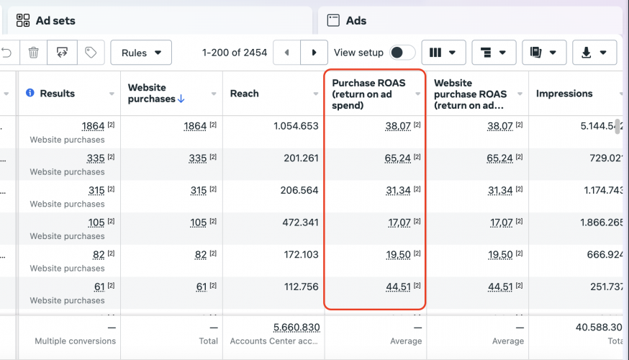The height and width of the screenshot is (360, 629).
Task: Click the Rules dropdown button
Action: click(141, 53)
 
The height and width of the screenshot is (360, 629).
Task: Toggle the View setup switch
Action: click(402, 53)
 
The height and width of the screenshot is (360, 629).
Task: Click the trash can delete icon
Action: click(33, 53)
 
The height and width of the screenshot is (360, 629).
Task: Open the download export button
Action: click(594, 53)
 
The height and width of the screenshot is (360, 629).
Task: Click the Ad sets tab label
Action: click(55, 21)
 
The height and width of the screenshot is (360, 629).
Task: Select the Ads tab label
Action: click(356, 21)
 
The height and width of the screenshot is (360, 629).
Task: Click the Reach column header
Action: click(245, 94)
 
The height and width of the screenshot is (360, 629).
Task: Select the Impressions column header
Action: click(564, 94)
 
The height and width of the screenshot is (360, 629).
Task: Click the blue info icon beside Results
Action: click(30, 94)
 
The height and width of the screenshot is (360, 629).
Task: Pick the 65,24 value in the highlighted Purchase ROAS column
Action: click(398, 158)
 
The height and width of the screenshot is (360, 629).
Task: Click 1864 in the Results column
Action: click(93, 126)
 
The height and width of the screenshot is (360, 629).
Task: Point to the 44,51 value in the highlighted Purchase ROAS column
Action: click(398, 287)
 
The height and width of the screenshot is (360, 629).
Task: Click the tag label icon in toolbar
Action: click(91, 53)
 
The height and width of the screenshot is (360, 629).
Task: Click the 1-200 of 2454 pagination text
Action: click(235, 53)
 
